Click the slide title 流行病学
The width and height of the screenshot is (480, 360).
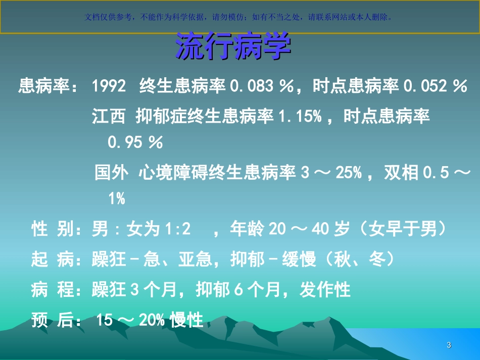233,47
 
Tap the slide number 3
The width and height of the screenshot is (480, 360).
449,345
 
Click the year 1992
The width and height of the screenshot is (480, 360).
109,86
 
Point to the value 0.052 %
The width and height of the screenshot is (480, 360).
435,86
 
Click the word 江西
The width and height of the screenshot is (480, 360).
108,117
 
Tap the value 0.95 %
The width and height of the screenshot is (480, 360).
135,143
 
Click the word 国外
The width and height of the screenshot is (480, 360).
111,173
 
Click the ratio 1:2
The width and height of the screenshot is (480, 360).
177,230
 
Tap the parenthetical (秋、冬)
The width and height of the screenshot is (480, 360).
360,260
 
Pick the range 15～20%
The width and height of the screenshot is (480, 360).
132,320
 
